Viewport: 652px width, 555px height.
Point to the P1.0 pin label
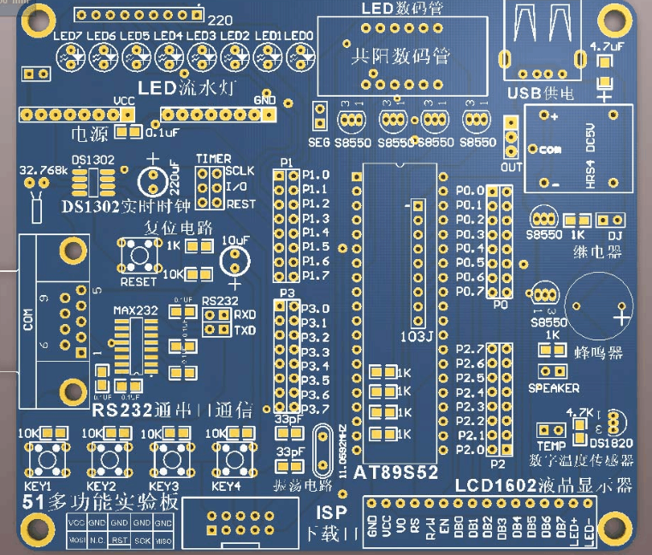pos(316,174)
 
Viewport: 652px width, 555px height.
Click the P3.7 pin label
pos(316,409)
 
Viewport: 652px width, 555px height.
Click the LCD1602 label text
pos(484,485)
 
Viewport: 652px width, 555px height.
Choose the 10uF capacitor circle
pos(235,261)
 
